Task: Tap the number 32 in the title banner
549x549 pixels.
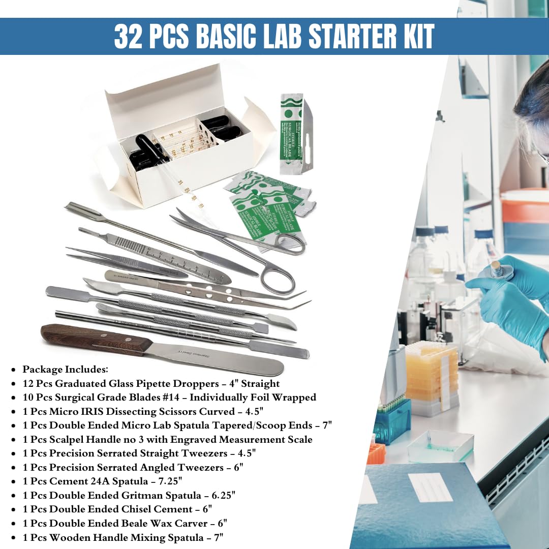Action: tap(128, 37)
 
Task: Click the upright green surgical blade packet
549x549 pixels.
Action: tap(291, 132)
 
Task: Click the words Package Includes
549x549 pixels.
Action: tap(65, 370)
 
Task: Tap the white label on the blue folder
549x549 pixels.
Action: tap(430, 487)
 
